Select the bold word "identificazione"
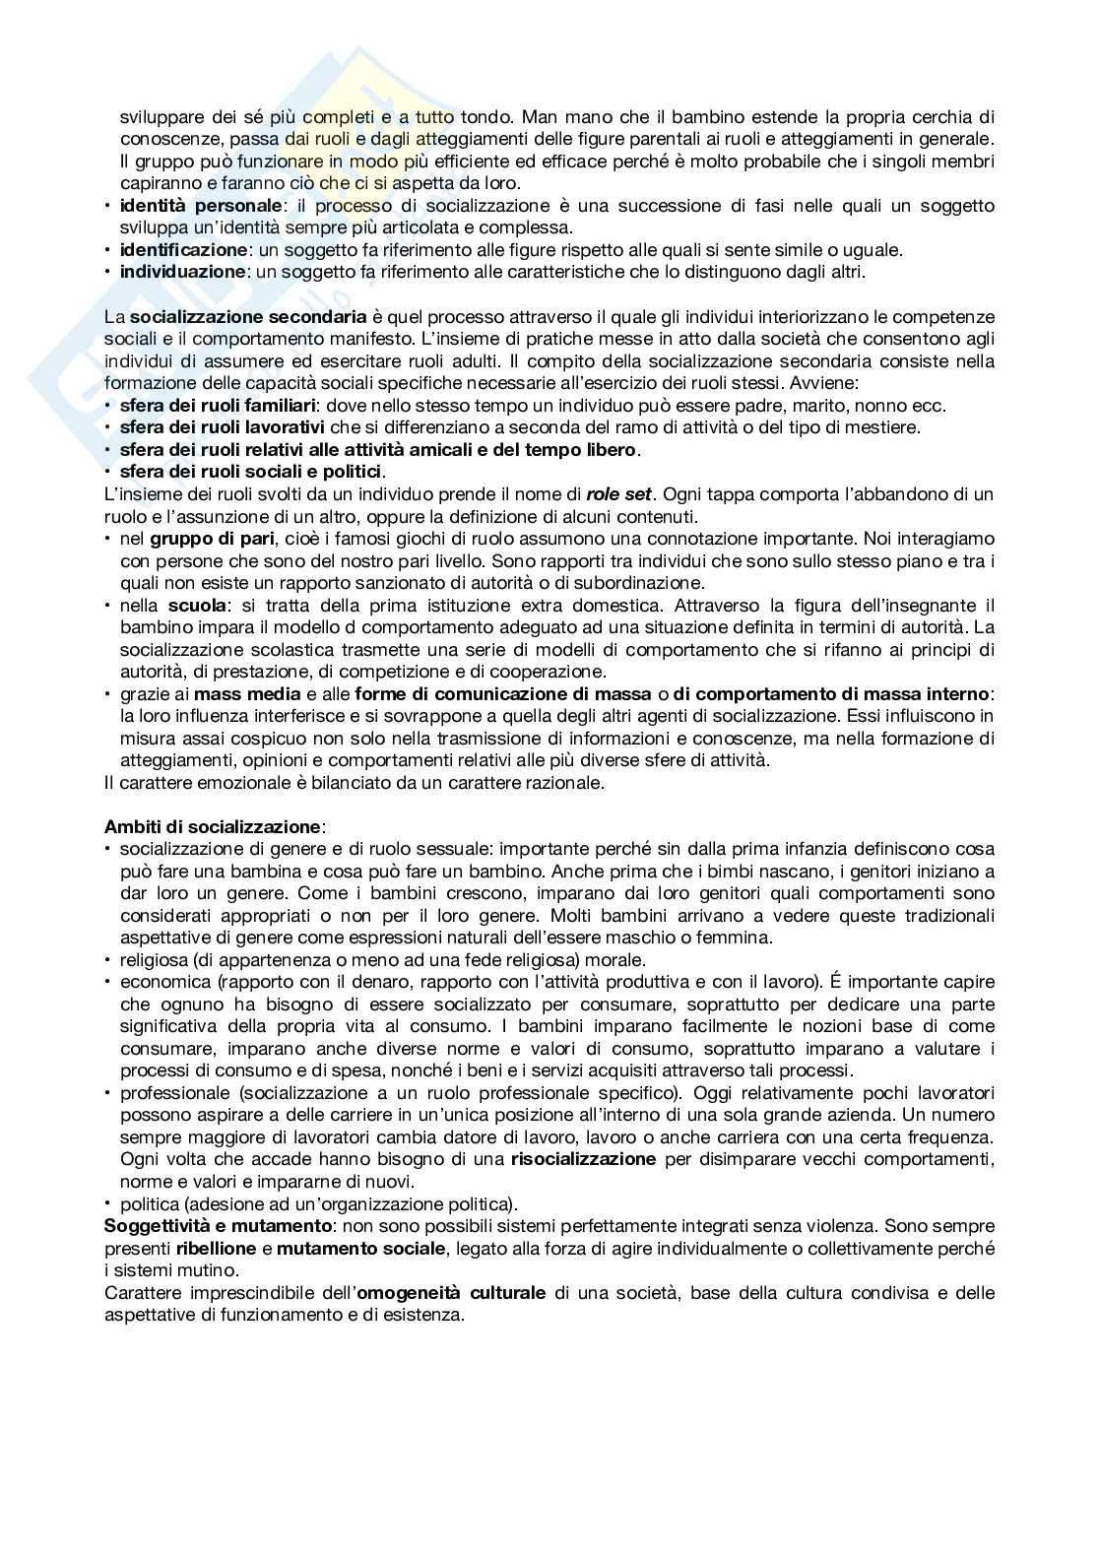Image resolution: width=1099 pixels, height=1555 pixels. [183, 250]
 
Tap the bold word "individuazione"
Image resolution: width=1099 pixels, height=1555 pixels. [182, 272]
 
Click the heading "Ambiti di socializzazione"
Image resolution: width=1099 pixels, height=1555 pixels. [213, 826]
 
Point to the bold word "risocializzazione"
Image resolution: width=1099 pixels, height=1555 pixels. [583, 1159]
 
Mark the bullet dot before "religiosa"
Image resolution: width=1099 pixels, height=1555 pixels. [108, 959]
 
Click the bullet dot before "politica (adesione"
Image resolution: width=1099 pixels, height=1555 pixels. [108, 1203]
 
